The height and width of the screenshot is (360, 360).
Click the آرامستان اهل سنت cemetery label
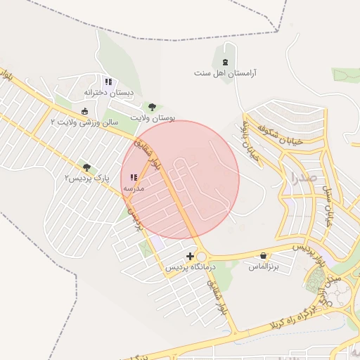point(226,72)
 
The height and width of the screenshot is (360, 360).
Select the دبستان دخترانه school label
point(108,92)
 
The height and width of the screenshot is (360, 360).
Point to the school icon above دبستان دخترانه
point(108,82)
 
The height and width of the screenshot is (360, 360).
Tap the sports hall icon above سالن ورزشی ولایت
point(85,111)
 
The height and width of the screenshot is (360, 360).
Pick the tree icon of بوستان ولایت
point(153,107)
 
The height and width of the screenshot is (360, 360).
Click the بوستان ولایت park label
point(153,117)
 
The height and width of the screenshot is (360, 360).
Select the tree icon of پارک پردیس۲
point(86,167)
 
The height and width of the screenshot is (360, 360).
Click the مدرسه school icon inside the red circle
point(134,178)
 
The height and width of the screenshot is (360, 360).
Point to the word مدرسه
point(134,188)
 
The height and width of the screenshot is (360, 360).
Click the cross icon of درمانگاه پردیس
point(190,256)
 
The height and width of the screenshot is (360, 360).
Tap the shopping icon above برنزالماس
point(264,256)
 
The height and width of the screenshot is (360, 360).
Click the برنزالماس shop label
point(264,267)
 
